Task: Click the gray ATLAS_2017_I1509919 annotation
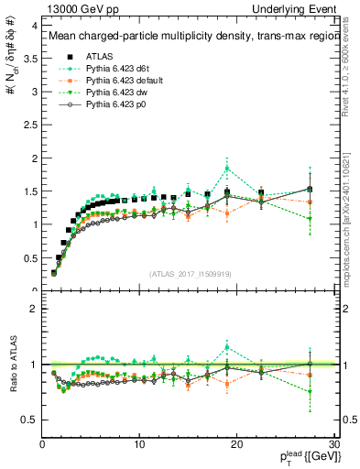(191, 272)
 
